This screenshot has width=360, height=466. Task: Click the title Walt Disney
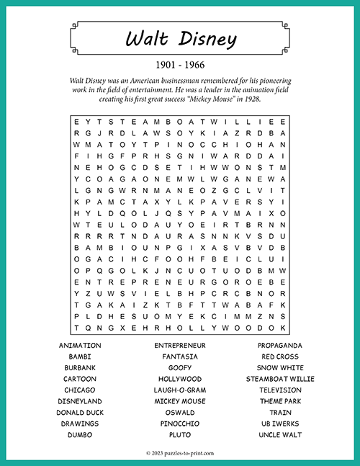pos(180,40)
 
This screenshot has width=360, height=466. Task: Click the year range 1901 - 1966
pos(180,66)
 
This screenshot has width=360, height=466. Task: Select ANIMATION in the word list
pos(80,346)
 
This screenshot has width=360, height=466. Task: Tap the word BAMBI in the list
pos(80,357)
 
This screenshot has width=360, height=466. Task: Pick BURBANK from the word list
pos(80,368)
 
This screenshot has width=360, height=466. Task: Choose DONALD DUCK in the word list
pos(80,413)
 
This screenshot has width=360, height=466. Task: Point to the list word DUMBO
pos(80,435)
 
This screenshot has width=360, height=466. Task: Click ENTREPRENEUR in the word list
pos(180,346)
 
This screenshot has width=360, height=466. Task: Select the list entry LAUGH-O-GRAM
pos(180,390)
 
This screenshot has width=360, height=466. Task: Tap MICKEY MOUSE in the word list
pos(180,401)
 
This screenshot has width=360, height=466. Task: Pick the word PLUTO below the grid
pos(180,435)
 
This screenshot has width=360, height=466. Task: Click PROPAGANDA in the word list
pos(280,346)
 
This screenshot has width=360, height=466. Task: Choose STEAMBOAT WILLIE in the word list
pos(280,379)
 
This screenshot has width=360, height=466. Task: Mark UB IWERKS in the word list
pos(280,424)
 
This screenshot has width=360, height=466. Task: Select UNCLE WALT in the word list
pos(280,435)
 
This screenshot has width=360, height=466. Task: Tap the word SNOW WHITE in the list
pos(280,368)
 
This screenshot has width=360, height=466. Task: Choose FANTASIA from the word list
pos(180,357)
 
